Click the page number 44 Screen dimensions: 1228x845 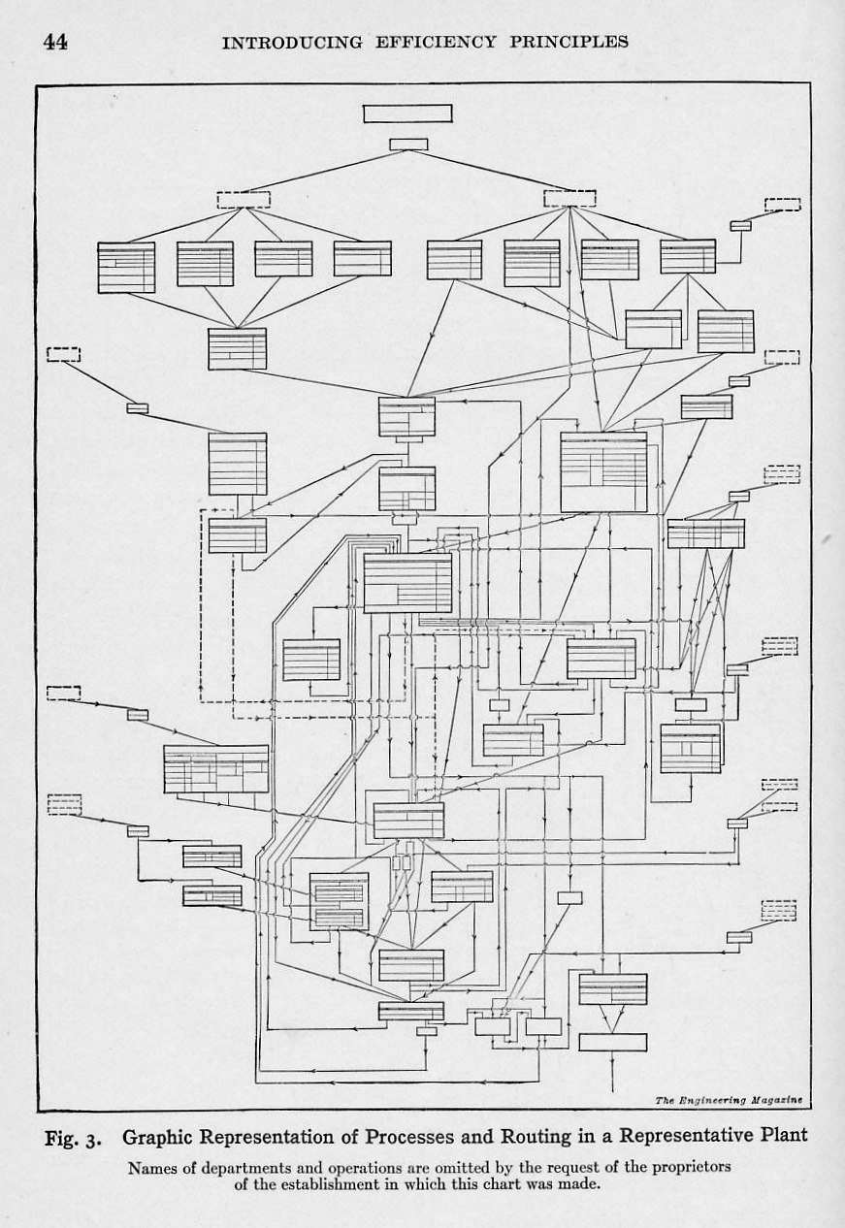[55, 42]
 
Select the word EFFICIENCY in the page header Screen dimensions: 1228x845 [419, 42]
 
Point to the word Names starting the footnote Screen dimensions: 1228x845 [148, 1167]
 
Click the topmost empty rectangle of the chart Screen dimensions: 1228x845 [407, 113]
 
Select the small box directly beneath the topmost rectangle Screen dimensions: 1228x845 [407, 145]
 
